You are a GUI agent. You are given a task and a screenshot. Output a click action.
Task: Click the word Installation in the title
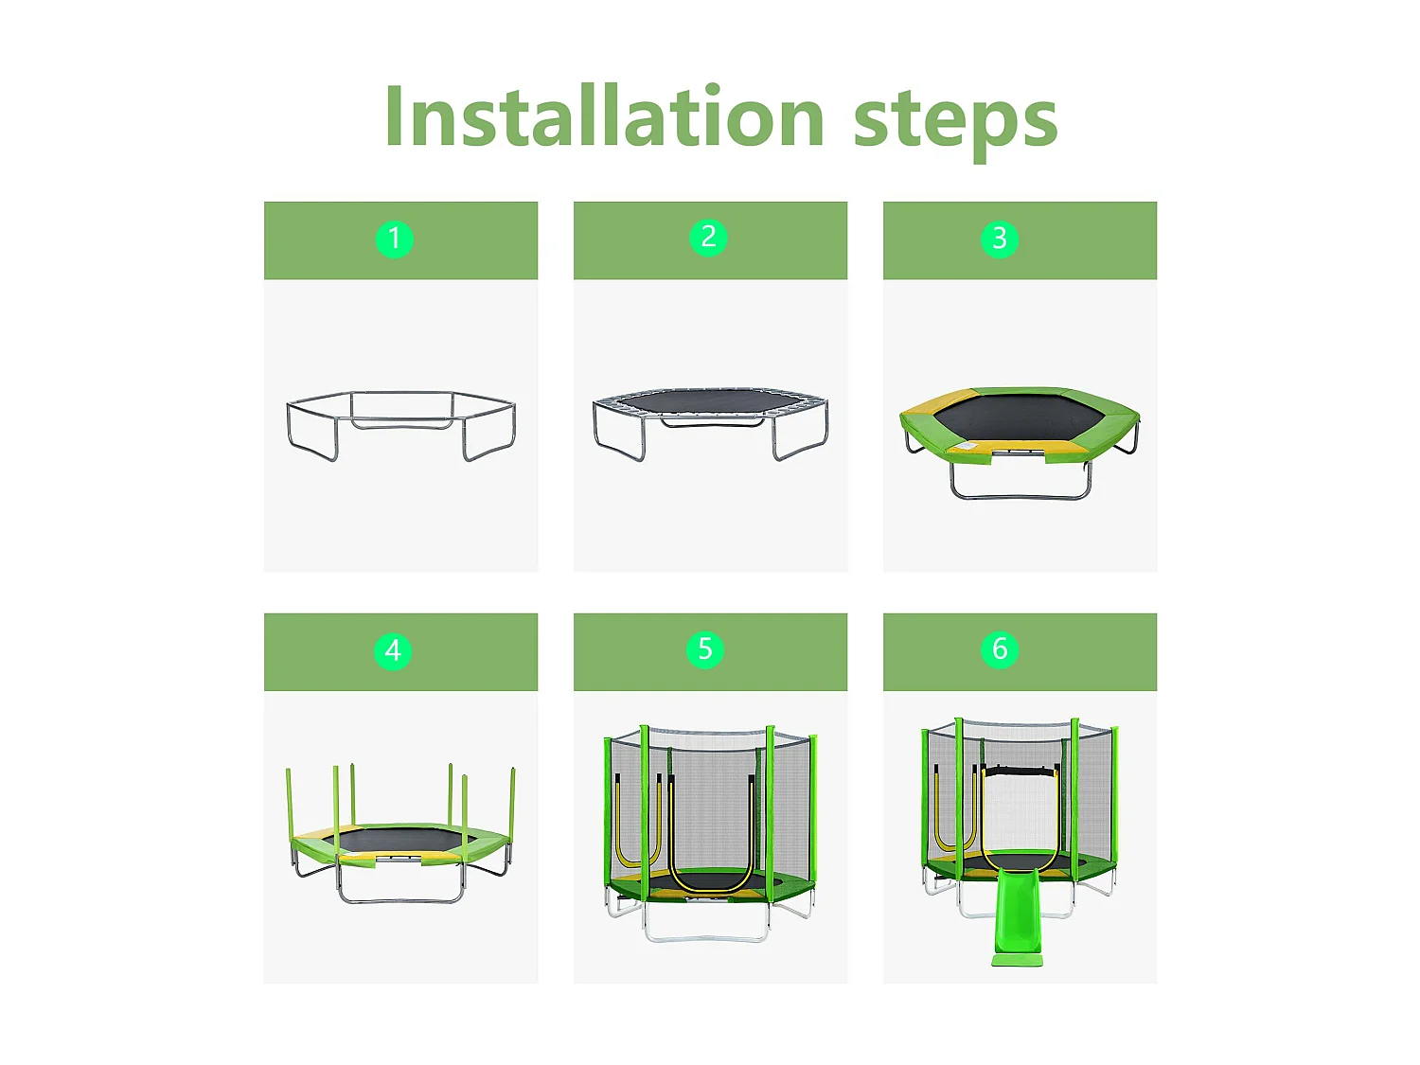(x=604, y=116)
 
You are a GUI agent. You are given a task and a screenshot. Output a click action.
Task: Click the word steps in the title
(x=955, y=123)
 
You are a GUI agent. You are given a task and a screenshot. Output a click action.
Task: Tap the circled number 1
(x=395, y=240)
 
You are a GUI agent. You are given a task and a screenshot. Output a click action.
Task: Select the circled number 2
(x=708, y=238)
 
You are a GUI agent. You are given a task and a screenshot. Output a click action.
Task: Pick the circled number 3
(x=1000, y=239)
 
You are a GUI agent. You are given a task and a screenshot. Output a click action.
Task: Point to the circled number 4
(x=393, y=650)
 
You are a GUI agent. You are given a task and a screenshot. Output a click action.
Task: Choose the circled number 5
(x=705, y=649)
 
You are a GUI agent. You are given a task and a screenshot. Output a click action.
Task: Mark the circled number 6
(x=1000, y=648)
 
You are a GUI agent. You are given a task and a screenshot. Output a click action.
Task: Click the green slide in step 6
(x=1020, y=918)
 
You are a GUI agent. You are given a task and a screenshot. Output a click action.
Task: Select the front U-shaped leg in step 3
(x=1021, y=496)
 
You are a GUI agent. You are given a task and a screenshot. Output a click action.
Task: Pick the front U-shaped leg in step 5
(x=707, y=937)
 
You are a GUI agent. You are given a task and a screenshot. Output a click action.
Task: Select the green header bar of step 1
(x=400, y=240)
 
